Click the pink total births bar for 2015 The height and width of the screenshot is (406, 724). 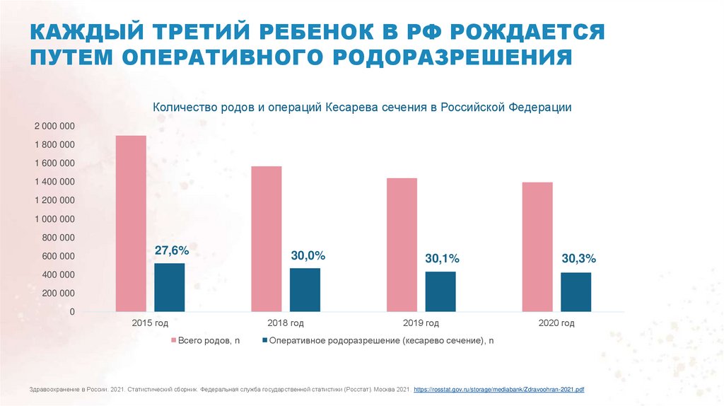click(x=131, y=224)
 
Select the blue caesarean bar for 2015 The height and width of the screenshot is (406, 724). click(x=170, y=287)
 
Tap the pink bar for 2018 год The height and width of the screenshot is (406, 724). click(x=267, y=239)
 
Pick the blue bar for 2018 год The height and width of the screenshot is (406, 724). click(x=305, y=289)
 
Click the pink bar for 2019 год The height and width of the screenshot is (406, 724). click(x=402, y=245)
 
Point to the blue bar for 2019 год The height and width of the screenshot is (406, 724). click(x=440, y=291)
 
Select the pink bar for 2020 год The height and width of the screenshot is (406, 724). click(x=537, y=247)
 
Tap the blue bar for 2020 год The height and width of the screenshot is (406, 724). click(x=576, y=292)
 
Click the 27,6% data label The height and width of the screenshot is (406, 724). click(x=172, y=250)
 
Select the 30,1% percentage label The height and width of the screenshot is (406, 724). click(x=442, y=259)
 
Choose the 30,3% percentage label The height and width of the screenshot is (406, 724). click(x=578, y=260)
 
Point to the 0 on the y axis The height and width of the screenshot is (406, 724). click(x=72, y=311)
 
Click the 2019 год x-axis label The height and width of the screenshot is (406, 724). click(x=421, y=323)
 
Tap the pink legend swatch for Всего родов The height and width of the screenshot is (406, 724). click(x=174, y=341)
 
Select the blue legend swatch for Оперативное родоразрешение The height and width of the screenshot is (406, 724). click(x=264, y=341)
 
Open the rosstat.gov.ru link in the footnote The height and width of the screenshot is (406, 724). click(x=498, y=390)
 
